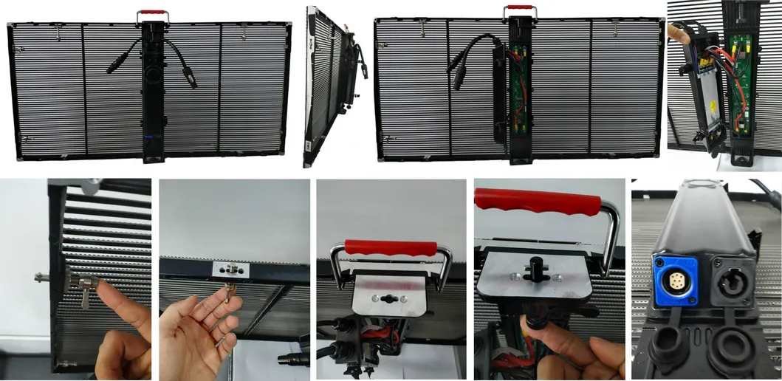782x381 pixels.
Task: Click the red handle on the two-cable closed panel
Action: coord(151,13)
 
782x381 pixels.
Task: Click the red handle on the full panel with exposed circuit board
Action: coord(520,10)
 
